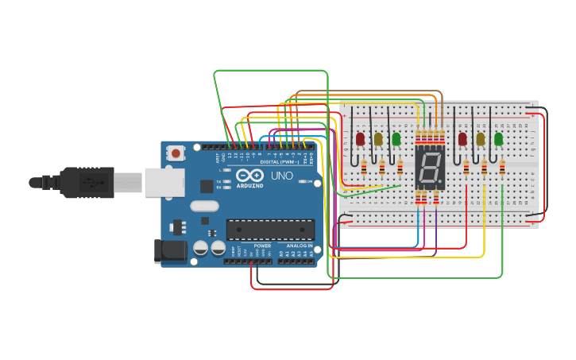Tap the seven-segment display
click(x=430, y=168)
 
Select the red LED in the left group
click(x=360, y=139)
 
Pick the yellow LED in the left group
click(x=378, y=139)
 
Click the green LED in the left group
click(x=396, y=139)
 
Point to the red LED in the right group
click(x=462, y=139)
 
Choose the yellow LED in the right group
click(x=481, y=139)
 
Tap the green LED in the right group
click(x=499, y=139)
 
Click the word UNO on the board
click(x=282, y=176)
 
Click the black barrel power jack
click(x=170, y=251)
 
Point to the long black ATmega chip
click(x=270, y=229)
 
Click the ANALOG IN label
click(x=299, y=246)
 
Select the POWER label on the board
click(x=262, y=246)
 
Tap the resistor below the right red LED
click(x=466, y=167)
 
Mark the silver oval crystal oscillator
click(x=204, y=206)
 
